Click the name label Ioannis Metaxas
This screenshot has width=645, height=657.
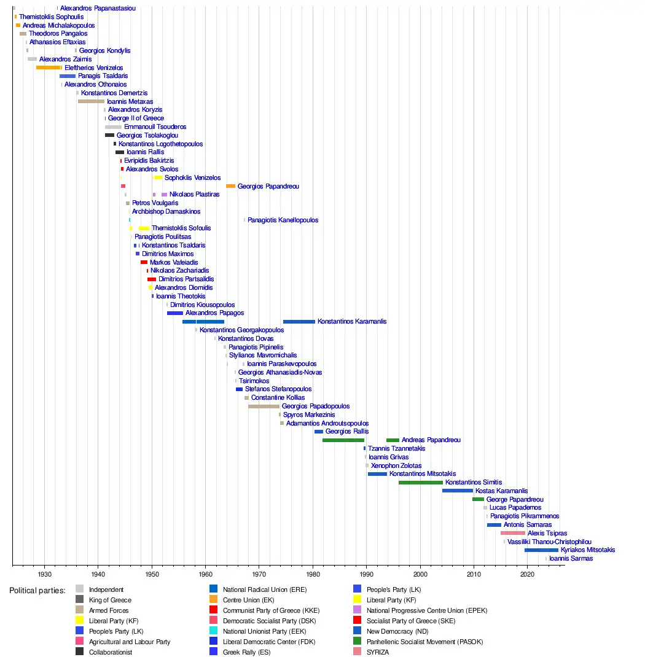pos(130,101)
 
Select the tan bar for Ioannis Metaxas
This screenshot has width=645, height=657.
pos(91,101)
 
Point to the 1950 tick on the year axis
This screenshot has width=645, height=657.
pos(152,566)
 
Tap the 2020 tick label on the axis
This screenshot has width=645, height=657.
pos(527,575)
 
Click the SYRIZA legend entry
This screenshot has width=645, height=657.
pos(377,652)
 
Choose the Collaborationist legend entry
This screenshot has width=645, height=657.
pos(110,652)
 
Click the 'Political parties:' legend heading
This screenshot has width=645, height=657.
pos(37,590)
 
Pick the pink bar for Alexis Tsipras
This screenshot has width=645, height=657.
pos(513,533)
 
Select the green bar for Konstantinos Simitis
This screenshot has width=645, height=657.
pos(420,483)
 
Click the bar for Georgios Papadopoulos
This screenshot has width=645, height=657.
pos(264,406)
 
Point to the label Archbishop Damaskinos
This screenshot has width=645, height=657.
pos(166,211)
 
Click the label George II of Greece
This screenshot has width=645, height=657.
pos(136,118)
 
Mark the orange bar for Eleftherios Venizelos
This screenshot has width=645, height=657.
pos(49,68)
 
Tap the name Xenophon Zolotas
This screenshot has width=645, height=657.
pos(397,465)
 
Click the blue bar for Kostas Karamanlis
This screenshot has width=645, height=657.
pos(457,491)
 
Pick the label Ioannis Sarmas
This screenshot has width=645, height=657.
pos(571,559)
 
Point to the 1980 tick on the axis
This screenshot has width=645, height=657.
pos(313,566)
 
